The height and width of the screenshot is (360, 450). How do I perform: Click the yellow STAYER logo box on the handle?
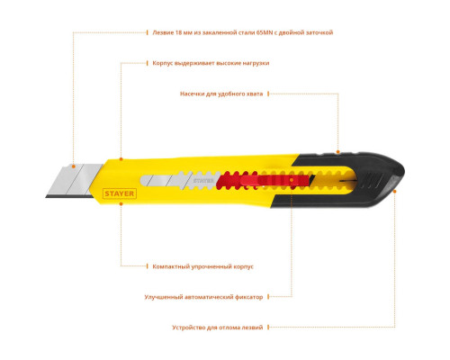coord(120,193)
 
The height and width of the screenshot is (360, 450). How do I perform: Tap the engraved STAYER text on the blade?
coord(203,181)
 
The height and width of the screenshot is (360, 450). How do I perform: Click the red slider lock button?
coord(274,181)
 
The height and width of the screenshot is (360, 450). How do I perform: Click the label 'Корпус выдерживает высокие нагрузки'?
coord(211,63)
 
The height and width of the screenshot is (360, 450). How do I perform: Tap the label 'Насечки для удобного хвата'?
coord(221,94)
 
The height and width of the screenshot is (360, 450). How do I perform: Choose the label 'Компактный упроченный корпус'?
coord(202,266)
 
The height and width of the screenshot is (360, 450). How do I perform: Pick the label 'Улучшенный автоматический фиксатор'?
coord(203,297)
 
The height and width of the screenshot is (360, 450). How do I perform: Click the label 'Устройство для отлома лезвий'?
coord(218,328)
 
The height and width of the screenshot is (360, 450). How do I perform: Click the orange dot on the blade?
coord(73,166)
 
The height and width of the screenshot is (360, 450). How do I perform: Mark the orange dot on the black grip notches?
coord(338,152)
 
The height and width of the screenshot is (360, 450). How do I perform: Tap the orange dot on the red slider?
coord(292,180)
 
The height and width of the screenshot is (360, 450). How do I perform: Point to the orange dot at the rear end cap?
coord(395,192)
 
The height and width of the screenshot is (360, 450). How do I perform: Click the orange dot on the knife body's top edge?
coord(121,159)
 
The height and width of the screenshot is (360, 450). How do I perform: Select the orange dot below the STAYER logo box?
coord(121,203)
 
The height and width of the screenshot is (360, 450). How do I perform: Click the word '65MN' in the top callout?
coord(265,32)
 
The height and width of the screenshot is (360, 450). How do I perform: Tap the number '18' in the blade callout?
coord(178,32)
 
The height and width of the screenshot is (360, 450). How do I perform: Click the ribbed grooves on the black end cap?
coord(371,180)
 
